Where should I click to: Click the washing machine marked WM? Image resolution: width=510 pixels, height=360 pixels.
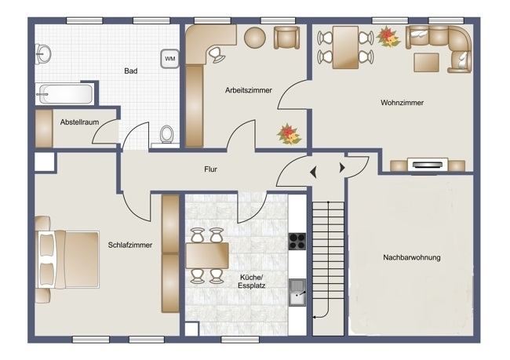[169, 59]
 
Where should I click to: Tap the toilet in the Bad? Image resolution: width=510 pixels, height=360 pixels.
[167, 134]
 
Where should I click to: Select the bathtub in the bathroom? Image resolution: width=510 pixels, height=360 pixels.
[65, 94]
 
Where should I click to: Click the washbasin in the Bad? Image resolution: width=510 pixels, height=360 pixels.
[43, 53]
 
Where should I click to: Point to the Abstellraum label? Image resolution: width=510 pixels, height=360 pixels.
[79, 122]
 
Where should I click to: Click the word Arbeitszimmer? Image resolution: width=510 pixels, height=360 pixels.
[249, 90]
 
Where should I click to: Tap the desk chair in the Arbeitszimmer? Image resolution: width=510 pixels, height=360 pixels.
[216, 55]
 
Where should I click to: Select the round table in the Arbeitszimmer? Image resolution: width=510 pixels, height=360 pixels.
[255, 38]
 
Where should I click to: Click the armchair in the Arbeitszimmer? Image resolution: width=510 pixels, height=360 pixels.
[286, 38]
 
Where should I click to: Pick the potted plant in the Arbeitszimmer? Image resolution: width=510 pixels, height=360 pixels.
[289, 134]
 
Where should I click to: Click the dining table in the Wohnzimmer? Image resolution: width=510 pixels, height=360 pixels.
[345, 48]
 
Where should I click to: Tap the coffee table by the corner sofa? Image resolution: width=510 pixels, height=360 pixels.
[426, 63]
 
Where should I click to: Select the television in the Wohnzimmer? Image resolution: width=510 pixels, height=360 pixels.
[428, 165]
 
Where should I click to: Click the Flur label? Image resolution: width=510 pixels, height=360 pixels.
[210, 169]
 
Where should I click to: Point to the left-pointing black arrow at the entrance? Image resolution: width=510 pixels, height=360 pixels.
[313, 172]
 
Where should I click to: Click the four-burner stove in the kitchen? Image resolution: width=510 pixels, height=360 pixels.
[297, 242]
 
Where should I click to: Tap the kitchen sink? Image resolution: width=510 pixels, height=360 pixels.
[297, 293]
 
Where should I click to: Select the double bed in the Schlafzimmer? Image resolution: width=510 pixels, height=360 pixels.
[67, 260]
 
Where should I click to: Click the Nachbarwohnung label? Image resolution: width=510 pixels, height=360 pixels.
[412, 257]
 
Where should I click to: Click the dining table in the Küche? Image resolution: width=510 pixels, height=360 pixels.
[207, 255]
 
